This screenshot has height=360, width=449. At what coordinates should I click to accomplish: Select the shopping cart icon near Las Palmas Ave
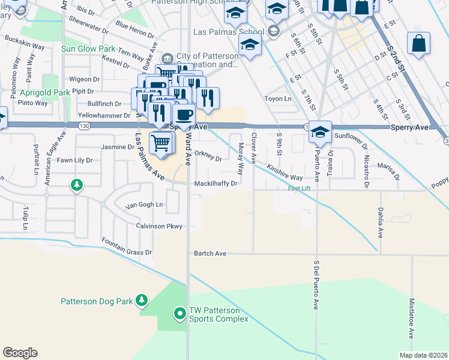[x=161, y=143]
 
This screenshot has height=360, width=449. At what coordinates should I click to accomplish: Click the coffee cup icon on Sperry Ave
[x=184, y=114]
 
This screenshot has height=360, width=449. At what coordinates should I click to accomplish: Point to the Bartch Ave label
[x=209, y=254]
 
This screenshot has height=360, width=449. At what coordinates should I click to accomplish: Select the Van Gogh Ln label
[x=143, y=205]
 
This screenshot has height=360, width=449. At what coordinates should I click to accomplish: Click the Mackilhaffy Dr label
[x=216, y=184]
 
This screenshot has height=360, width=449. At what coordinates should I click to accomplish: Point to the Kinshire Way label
[x=285, y=173]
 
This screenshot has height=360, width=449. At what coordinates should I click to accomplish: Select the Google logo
[x=20, y=353]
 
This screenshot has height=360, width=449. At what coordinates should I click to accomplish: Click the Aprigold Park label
[x=45, y=93]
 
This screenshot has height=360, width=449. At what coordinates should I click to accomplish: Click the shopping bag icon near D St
[x=418, y=43]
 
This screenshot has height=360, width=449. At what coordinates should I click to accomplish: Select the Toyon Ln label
[x=278, y=98]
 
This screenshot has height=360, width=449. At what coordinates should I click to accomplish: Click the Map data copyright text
[x=423, y=355]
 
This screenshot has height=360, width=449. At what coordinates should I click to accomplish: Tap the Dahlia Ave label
[x=381, y=221]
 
